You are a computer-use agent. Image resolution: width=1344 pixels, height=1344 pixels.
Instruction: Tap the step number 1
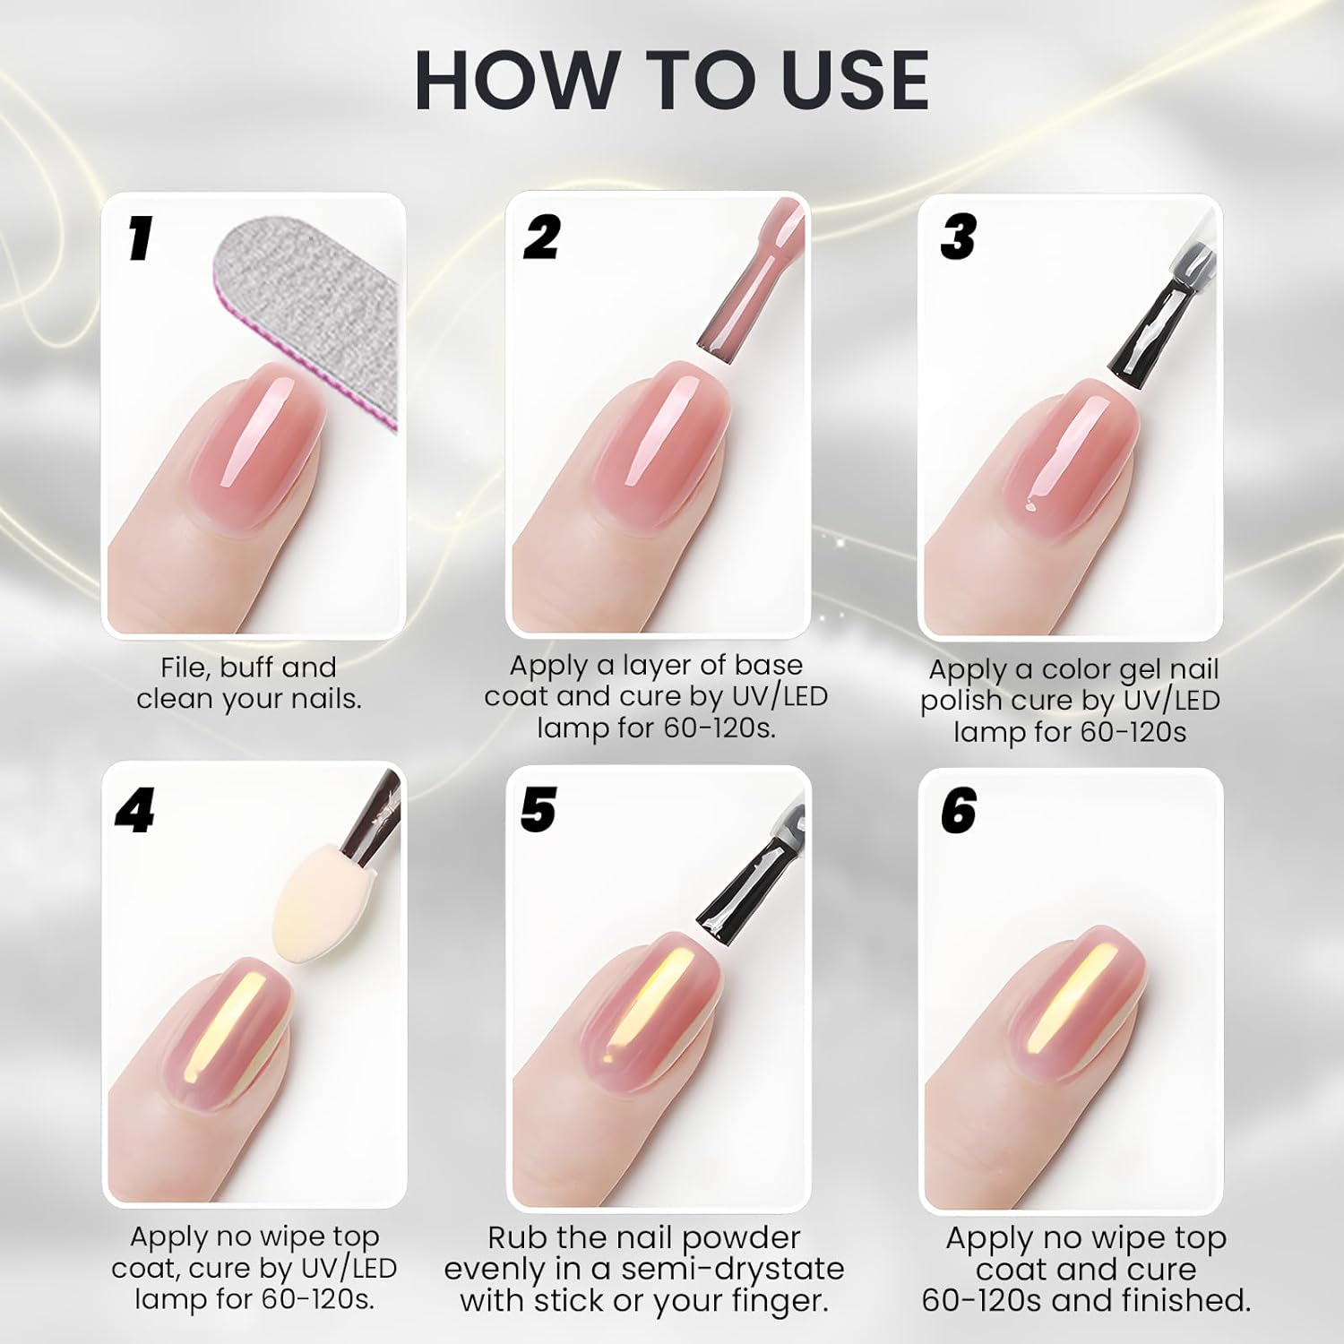pos(139,240)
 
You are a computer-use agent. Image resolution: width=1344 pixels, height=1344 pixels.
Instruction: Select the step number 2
pos(541,238)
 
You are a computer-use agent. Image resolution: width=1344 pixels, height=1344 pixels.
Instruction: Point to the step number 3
pos(958,238)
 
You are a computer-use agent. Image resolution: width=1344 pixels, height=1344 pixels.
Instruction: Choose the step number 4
pos(134,812)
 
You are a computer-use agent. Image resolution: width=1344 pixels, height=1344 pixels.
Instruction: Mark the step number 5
pos(538,810)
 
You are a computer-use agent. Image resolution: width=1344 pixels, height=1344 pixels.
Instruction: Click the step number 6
pos(958,812)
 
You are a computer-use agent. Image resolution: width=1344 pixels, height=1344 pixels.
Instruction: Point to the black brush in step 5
pos(748,887)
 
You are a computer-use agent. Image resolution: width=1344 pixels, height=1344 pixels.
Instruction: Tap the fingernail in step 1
pos(255,448)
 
